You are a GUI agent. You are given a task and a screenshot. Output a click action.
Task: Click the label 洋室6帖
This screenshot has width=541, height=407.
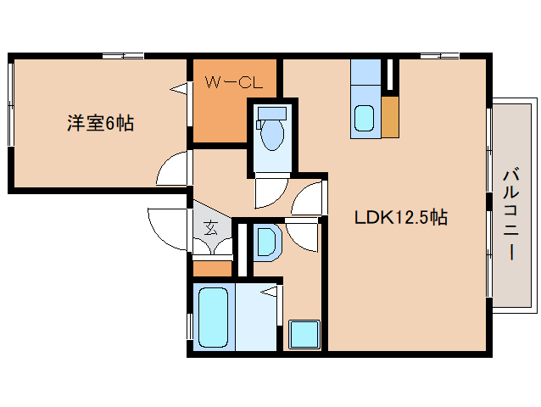[x=100, y=123]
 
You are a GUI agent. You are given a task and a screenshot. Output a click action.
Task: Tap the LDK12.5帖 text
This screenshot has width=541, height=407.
[x=400, y=218]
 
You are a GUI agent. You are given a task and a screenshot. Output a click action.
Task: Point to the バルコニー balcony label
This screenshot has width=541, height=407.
[x=511, y=213]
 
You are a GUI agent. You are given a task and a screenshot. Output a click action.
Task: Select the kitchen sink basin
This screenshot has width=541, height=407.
[x=364, y=118]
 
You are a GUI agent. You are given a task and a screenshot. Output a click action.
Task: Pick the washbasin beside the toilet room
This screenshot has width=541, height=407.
[x=266, y=241]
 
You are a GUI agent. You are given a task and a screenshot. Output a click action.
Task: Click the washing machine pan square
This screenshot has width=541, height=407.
[x=303, y=334]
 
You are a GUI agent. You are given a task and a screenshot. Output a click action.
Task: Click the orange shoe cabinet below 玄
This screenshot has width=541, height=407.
[x=211, y=268]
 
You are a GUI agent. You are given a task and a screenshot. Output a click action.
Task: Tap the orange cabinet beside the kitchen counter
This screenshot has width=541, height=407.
[x=390, y=116]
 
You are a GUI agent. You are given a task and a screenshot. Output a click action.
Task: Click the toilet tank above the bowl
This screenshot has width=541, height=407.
[x=271, y=112]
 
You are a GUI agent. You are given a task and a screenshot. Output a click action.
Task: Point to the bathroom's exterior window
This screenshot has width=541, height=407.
[x=189, y=326]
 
